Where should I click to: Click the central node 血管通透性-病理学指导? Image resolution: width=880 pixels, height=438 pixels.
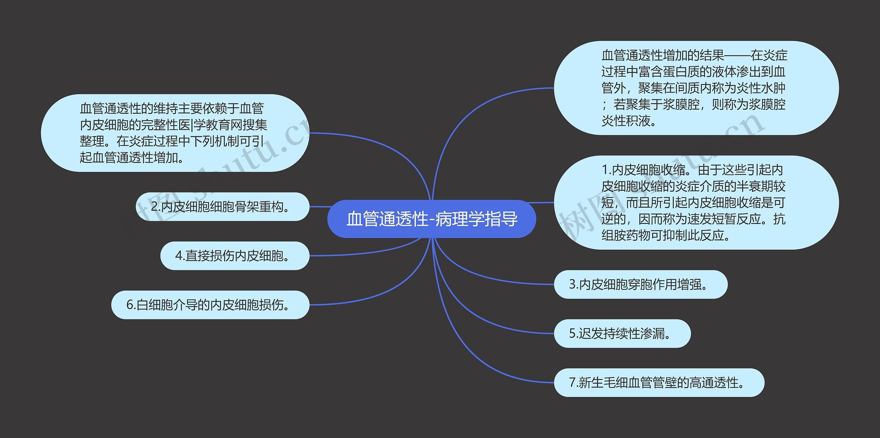click(x=431, y=219)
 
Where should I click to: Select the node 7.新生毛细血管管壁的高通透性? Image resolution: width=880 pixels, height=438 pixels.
click(x=659, y=383)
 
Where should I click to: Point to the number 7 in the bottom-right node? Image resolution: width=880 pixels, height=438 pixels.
click(x=572, y=383)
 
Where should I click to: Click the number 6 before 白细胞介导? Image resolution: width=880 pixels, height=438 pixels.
click(x=130, y=305)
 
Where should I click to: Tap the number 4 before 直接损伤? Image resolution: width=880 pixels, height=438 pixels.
click(x=179, y=256)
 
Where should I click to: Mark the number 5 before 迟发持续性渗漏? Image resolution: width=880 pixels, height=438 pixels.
click(x=572, y=333)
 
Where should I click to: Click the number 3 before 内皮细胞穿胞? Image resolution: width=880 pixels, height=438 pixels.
click(x=572, y=284)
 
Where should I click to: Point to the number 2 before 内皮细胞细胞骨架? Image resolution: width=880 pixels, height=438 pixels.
click(x=154, y=207)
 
